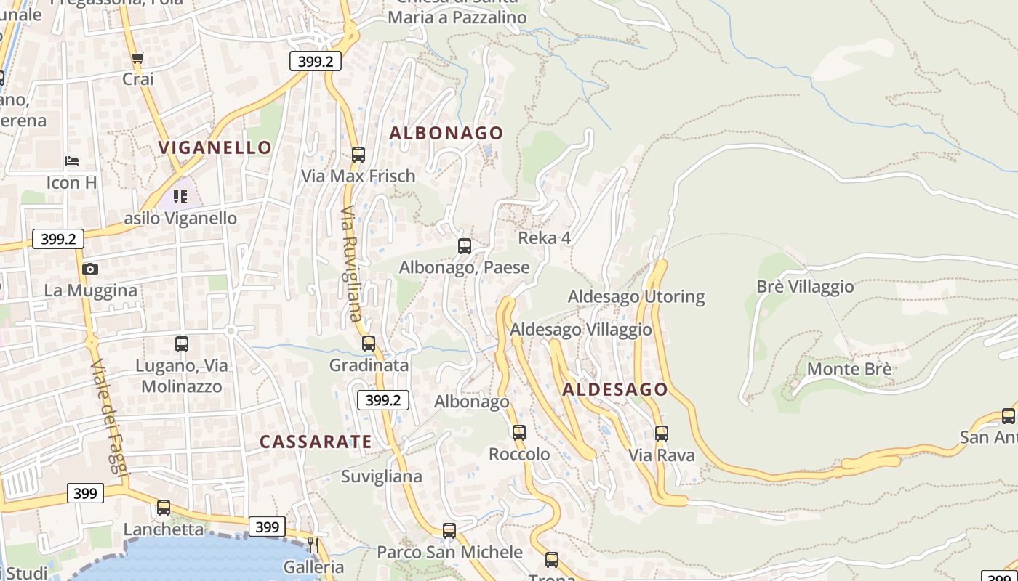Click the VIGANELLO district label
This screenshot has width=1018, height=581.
[x=215, y=147]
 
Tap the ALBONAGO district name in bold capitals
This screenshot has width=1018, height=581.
[x=446, y=133]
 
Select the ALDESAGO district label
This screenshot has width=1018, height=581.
[x=614, y=389]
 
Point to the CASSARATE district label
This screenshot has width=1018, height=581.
[x=316, y=442]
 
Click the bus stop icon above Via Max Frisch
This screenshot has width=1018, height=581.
[x=358, y=154]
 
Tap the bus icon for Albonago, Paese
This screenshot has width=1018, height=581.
[x=465, y=245]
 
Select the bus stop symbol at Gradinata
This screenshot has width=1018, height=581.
[x=369, y=344]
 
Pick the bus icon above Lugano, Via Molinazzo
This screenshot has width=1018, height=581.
[x=182, y=344]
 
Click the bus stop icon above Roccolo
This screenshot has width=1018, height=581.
[x=518, y=432]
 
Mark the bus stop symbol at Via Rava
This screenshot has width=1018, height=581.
[x=661, y=434]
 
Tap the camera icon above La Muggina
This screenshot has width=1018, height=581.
[x=90, y=269]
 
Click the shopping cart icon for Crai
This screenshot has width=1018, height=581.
[x=137, y=57]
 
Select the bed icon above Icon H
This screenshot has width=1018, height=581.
[x=72, y=161]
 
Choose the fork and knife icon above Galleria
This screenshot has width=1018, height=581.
[x=313, y=544]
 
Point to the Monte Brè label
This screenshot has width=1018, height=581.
[x=849, y=369]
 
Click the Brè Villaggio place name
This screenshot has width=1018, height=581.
[x=805, y=286]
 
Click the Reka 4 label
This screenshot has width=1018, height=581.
[x=544, y=238]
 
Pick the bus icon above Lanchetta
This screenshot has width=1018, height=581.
[x=164, y=508]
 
